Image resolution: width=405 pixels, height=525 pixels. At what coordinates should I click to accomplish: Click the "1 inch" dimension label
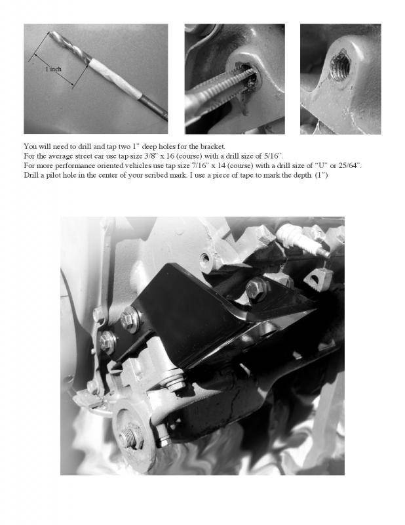(54, 69)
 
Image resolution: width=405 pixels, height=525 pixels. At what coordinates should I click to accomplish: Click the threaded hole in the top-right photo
(339, 65)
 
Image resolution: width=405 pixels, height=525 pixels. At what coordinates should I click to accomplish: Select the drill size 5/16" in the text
(276, 156)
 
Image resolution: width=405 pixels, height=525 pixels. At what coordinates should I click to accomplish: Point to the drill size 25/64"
(351, 165)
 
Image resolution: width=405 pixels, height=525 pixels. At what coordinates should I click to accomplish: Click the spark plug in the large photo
(303, 240)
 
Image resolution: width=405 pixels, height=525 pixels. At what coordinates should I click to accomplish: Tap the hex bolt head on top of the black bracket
(256, 287)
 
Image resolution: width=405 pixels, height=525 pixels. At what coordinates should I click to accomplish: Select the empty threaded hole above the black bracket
(206, 259)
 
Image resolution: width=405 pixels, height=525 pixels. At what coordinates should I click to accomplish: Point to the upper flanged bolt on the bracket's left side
(131, 318)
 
